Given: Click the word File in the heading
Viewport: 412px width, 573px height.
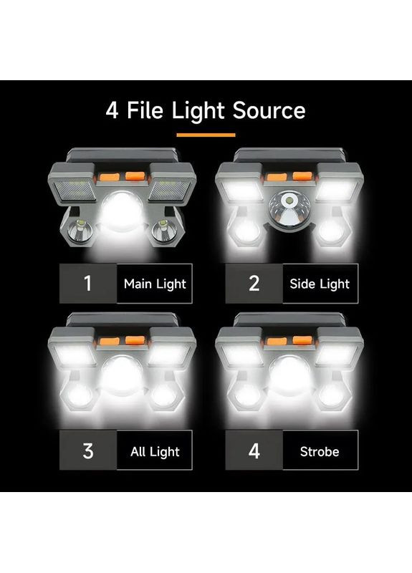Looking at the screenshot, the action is tap(145, 110).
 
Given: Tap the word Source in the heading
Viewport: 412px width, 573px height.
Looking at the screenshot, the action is tap(269, 110).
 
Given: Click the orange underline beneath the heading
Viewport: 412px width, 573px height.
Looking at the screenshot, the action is tap(206, 135).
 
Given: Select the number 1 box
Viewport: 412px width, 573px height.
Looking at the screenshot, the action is tap(88, 284).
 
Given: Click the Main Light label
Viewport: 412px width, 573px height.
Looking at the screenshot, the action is tap(155, 284).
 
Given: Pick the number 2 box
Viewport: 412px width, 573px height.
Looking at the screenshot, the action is tap(254, 284).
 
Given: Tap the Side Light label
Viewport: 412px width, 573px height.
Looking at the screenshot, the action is tap(320, 284).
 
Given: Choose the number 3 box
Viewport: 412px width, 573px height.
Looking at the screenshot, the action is tap(88, 451).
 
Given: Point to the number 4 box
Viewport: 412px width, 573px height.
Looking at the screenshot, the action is tap(254, 451).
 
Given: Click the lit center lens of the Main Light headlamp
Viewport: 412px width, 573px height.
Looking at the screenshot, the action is tap(122, 211).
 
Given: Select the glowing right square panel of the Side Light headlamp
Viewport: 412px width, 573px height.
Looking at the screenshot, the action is tap(335, 190).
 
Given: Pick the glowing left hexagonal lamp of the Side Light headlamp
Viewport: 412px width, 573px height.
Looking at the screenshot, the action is tap(246, 231).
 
